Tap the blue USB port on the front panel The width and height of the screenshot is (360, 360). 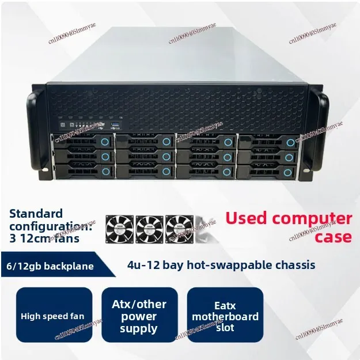115,124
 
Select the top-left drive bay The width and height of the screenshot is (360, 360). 82,142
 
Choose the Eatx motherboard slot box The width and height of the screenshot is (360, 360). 225,316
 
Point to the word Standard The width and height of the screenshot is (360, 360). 36,213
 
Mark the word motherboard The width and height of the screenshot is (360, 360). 225,316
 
